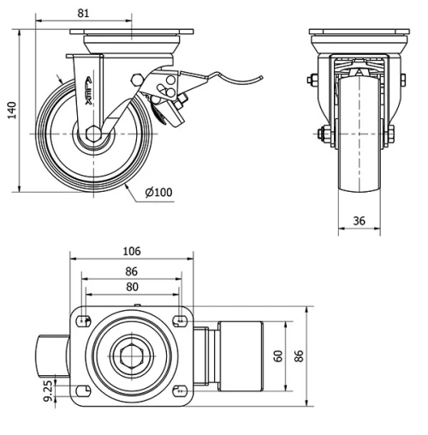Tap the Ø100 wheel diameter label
(159, 192)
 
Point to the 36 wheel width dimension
(360, 221)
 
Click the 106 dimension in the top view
(132, 251)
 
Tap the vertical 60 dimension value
(277, 355)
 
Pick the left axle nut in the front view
(323, 135)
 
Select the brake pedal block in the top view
(241, 355)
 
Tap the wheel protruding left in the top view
(51, 355)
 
